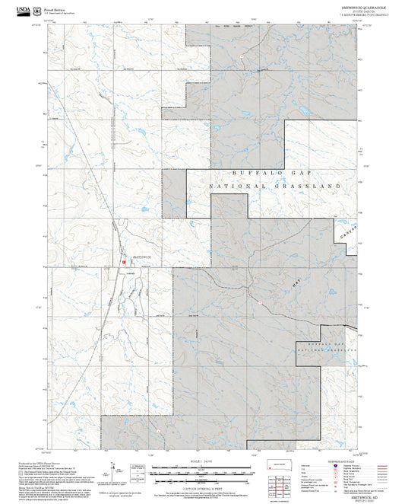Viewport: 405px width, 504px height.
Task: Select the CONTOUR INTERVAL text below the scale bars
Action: [202, 485]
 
